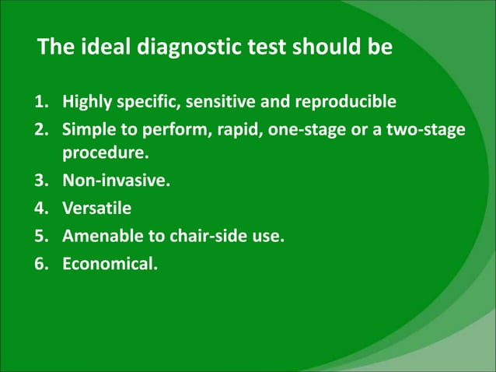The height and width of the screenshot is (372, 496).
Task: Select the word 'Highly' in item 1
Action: (x=87, y=101)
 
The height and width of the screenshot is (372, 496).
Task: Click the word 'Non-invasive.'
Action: (x=116, y=182)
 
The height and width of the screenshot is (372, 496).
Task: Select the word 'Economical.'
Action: (x=110, y=262)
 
